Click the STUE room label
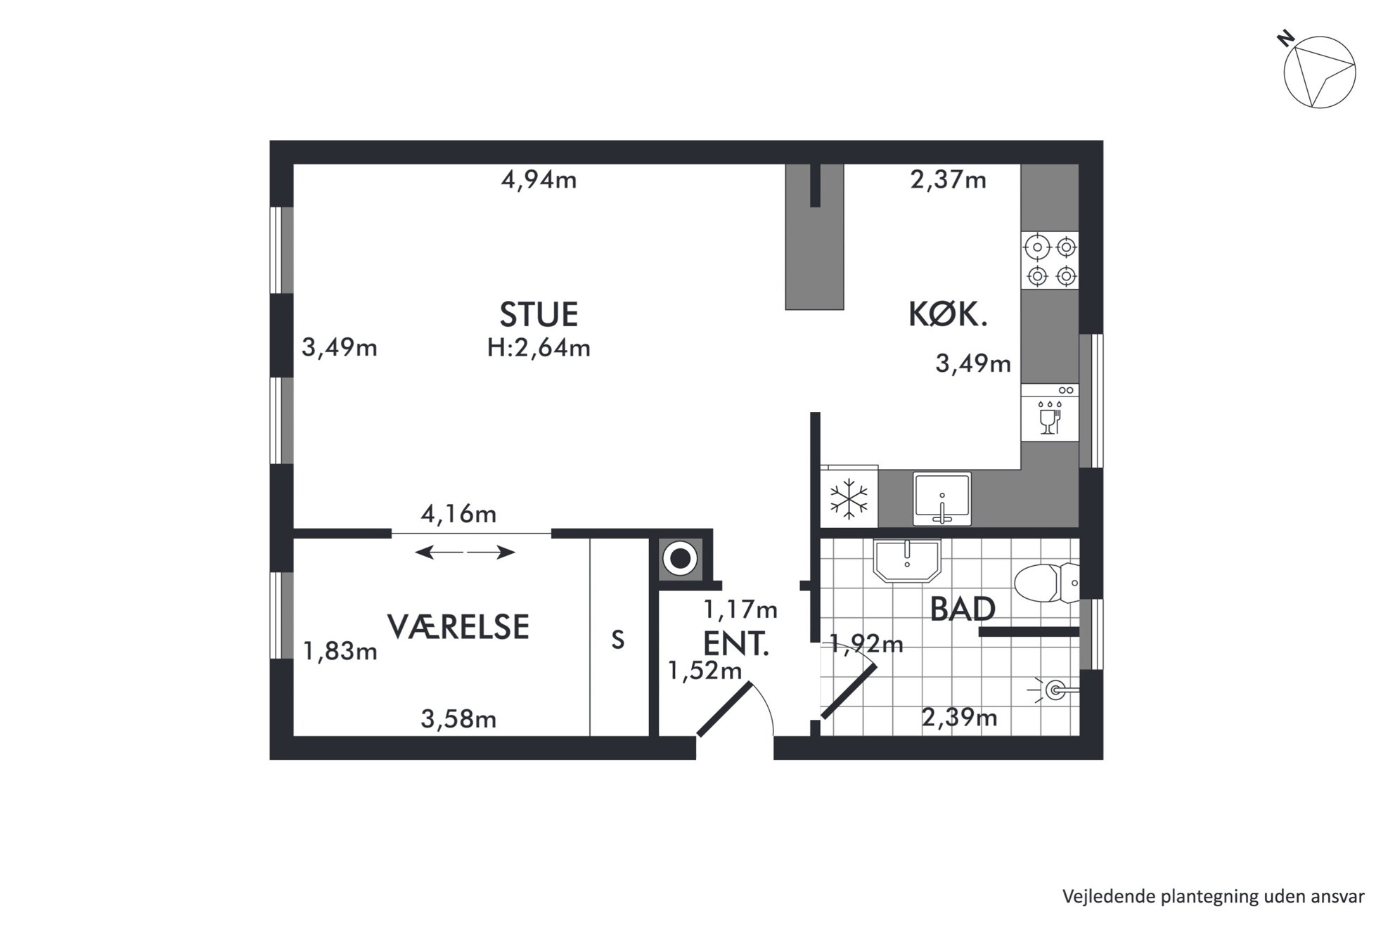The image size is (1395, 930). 539,314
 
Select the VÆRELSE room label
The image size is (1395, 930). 458,626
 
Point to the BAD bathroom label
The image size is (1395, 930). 963,609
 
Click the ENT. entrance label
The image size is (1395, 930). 736,644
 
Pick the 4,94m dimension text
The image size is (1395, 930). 539,181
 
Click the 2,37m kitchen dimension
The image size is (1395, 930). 948,181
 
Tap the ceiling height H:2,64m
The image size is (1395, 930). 539,348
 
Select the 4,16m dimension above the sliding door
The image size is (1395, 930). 458,515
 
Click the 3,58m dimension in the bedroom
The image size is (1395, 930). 458,719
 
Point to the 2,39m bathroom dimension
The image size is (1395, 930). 959,718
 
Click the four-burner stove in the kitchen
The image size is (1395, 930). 1050,261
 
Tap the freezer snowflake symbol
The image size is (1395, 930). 849,498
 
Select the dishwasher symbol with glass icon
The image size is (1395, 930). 1050,413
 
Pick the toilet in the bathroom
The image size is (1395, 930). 1046,583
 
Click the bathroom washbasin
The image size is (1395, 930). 907,560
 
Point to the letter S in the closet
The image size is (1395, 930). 618,640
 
